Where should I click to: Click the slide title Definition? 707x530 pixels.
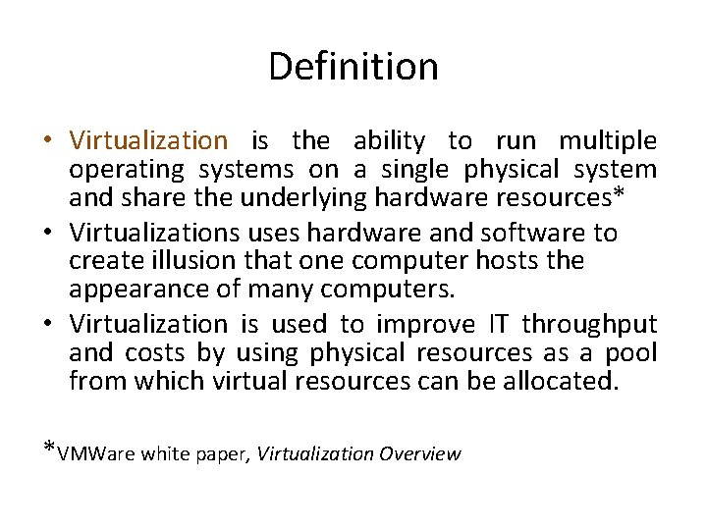353,67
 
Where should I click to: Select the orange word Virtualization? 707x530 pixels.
148,141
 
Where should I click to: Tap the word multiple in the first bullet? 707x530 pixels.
609,141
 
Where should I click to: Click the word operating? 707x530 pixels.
127,170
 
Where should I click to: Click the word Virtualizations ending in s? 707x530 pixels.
155,233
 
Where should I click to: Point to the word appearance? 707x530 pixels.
135,289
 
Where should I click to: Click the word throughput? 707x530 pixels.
590,324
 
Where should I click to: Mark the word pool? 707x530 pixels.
628,352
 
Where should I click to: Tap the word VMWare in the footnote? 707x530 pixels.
96,453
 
